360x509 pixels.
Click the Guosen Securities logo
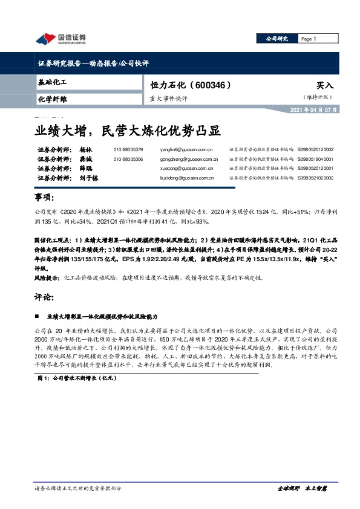tap(61, 39)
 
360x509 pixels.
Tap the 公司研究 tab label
tap(278, 39)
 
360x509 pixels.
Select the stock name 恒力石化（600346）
tap(191, 86)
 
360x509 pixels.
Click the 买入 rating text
tap(324, 86)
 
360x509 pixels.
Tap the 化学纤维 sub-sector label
tap(52, 99)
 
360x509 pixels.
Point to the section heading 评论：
tap(45, 297)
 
